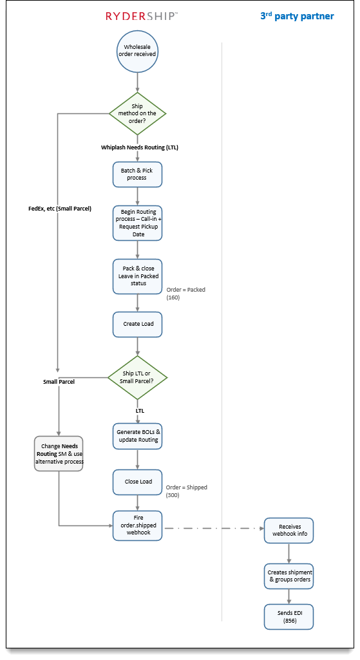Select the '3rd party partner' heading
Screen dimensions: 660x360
[297, 16]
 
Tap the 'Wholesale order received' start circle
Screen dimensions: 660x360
[137, 52]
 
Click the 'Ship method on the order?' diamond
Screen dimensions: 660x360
[137, 113]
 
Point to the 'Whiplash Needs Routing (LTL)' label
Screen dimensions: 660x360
[139, 147]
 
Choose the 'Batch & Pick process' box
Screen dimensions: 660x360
[137, 174]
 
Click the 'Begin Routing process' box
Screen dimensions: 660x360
[137, 223]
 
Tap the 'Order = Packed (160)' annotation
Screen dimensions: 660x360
[185, 294]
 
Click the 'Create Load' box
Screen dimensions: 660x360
[138, 324]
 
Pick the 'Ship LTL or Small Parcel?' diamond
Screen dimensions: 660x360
[138, 377]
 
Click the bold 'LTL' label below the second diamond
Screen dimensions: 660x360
[140, 410]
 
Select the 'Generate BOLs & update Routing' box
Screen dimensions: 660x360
[137, 436]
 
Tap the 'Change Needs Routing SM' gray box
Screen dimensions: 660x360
[59, 453]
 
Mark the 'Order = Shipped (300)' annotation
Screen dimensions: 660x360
[187, 491]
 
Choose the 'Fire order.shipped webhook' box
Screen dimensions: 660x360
[137, 525]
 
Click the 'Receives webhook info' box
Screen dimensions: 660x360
[289, 531]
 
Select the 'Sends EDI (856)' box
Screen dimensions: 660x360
[289, 617]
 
